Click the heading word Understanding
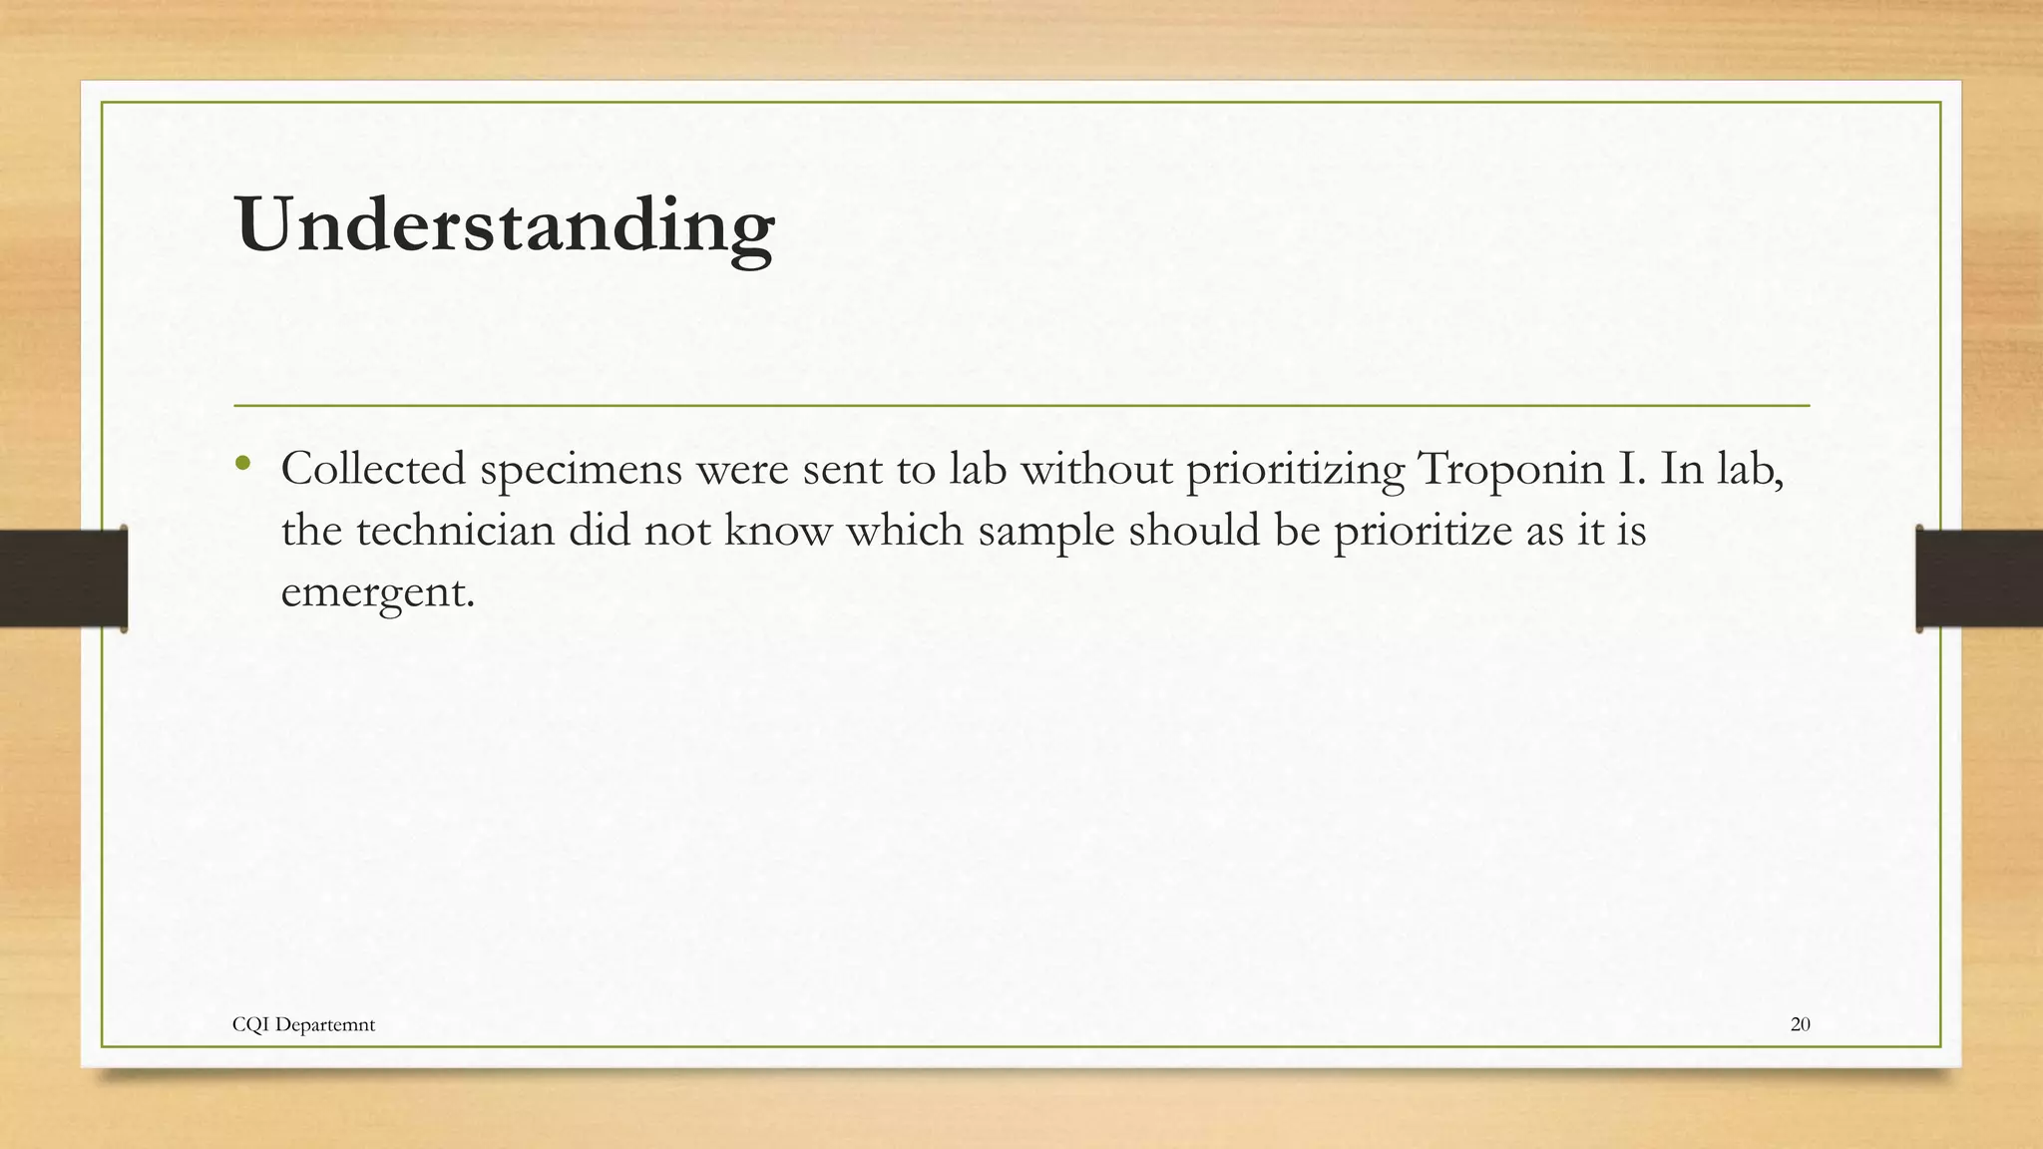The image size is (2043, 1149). (x=505, y=225)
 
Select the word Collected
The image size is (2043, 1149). (x=373, y=469)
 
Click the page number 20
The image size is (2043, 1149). (x=1800, y=1024)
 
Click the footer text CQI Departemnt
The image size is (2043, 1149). (x=303, y=1024)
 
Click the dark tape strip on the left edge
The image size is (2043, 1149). (x=63, y=578)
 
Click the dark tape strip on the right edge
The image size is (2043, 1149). (x=1979, y=578)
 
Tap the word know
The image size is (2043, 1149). (x=777, y=531)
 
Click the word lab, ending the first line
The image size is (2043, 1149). (x=1747, y=469)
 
